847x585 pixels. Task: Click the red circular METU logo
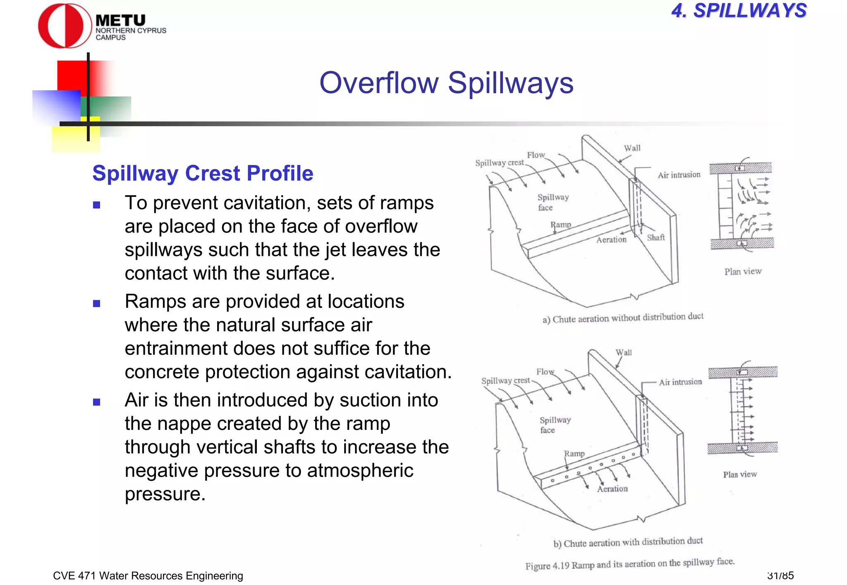[65, 26]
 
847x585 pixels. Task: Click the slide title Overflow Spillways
[446, 83]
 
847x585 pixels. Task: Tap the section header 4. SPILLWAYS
[739, 11]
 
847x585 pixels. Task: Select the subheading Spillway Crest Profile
[203, 173]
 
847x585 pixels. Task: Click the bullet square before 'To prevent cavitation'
[97, 205]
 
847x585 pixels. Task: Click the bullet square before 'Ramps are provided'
[97, 303]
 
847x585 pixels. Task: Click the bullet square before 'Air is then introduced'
[97, 402]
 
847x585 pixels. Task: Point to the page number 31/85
[780, 575]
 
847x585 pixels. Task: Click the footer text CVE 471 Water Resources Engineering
[148, 575]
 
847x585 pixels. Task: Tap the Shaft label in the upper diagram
[656, 237]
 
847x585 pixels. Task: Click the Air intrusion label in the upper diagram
[679, 175]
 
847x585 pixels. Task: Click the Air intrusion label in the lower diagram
[680, 382]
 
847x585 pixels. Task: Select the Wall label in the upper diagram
[632, 148]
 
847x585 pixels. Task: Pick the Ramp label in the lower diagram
[574, 454]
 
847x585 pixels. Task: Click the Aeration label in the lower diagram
[612, 489]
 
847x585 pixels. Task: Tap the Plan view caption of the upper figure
[743, 271]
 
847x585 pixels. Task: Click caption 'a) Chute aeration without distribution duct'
[623, 318]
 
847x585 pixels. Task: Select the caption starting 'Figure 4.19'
[629, 564]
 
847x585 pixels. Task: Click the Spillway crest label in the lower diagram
[505, 380]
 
